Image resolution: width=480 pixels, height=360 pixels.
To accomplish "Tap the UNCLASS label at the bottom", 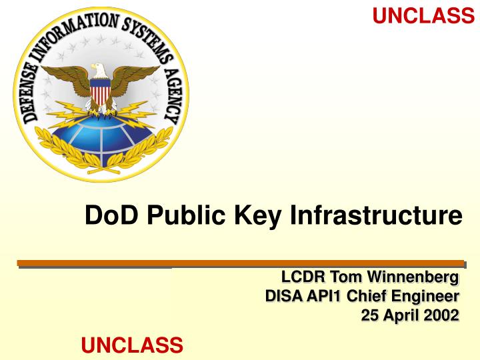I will pos(131,345).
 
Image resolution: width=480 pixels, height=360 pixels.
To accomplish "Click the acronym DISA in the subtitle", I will pos(283,295).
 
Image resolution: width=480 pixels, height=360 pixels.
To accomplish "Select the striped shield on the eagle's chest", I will pos(101,94).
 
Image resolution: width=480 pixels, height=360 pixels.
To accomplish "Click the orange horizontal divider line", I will pos(240,263).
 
